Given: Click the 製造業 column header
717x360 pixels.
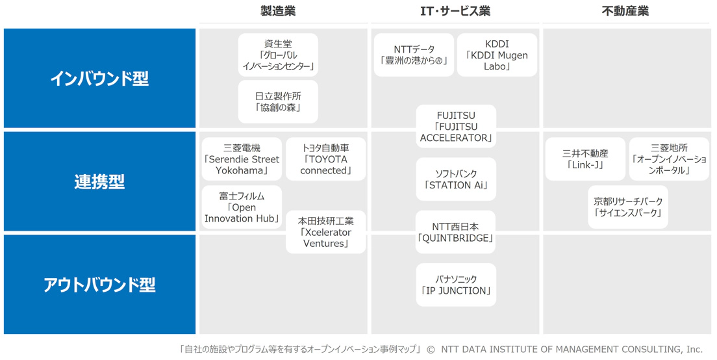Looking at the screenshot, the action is (x=278, y=11).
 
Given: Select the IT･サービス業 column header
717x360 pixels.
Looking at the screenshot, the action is (x=455, y=11).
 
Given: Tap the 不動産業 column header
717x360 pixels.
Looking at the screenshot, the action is (x=625, y=11).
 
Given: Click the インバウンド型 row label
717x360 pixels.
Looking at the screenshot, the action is (x=99, y=78).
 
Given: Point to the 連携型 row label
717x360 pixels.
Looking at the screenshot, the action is (x=99, y=181).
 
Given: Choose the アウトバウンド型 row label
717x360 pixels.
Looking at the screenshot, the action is (x=99, y=285).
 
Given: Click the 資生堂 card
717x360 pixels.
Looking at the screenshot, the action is (x=278, y=55).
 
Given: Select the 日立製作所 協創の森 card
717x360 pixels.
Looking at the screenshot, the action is (x=278, y=102).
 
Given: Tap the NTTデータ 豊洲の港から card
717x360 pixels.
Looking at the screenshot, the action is (x=414, y=55).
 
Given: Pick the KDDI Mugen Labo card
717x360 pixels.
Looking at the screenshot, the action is (x=497, y=55).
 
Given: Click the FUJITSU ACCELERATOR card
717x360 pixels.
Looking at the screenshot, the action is (x=456, y=126).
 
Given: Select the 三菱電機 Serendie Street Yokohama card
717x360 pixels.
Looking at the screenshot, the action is (x=242, y=159).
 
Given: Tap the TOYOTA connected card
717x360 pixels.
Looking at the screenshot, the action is (x=326, y=159).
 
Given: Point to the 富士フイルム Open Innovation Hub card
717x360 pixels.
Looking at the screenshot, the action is (x=242, y=207).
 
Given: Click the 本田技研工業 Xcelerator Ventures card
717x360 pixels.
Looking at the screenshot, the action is (x=326, y=232).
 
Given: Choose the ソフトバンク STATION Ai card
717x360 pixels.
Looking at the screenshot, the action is (x=456, y=179).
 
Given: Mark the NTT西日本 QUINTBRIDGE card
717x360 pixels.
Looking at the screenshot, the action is (x=456, y=232).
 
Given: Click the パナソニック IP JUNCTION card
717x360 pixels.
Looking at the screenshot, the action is (x=456, y=285).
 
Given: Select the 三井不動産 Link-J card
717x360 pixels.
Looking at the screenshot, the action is (x=585, y=159).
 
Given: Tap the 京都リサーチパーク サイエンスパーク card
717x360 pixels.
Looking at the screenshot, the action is (x=628, y=207).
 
